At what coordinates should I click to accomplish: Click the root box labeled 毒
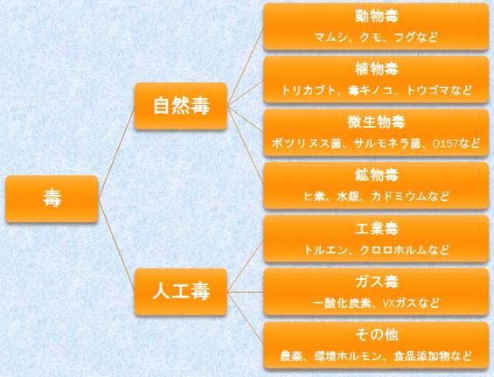point(52,199)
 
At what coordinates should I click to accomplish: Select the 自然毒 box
point(181,106)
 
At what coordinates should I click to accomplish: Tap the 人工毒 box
point(181,291)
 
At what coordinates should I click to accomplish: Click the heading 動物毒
point(377,16)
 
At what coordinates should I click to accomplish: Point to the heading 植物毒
point(377,69)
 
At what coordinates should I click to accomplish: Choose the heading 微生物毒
point(377,122)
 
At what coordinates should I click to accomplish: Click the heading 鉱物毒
point(377,175)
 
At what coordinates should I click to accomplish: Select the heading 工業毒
point(377,228)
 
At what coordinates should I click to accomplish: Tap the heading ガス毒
point(377,282)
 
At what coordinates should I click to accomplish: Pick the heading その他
point(377,335)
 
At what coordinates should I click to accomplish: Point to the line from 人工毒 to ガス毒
point(245,292)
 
